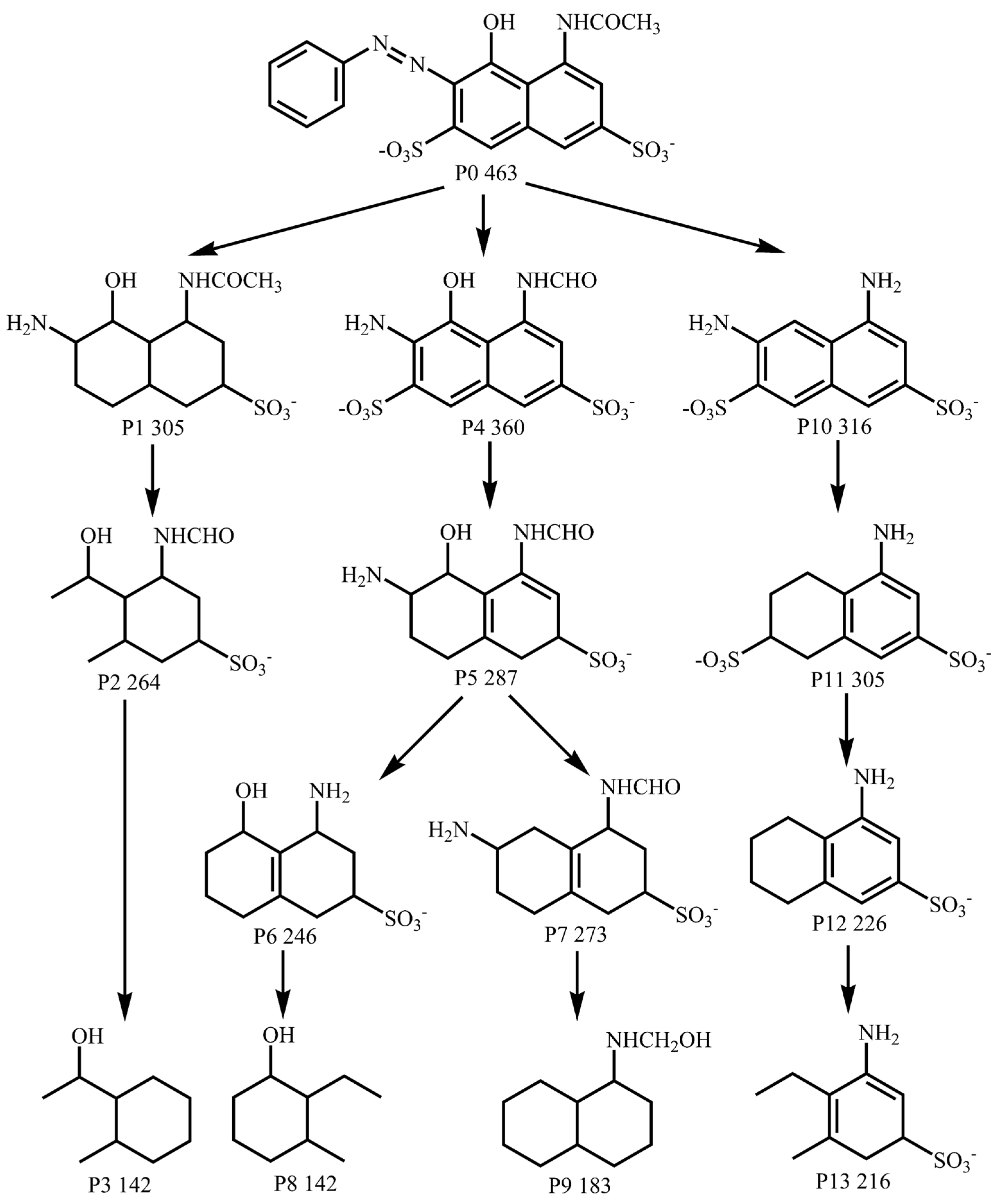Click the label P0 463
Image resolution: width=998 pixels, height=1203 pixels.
(x=486, y=173)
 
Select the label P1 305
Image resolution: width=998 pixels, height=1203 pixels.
(x=153, y=428)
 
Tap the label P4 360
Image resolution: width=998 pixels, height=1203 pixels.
(x=493, y=428)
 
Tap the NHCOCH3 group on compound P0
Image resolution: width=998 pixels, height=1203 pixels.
(x=608, y=24)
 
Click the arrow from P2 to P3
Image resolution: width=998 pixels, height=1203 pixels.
(x=124, y=859)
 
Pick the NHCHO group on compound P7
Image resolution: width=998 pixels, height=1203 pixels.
(x=640, y=787)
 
